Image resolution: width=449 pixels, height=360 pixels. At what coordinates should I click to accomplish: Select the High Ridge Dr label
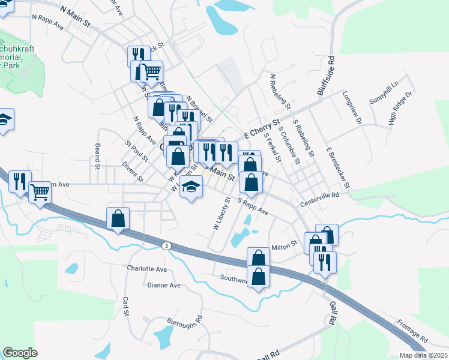point(402,108)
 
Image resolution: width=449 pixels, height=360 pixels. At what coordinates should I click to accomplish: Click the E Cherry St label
point(262,130)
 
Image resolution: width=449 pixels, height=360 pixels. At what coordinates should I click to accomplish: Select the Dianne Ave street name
point(163,286)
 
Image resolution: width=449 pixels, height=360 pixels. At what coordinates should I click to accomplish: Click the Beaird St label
point(97,155)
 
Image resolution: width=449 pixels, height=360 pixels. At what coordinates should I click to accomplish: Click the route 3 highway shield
point(166,245)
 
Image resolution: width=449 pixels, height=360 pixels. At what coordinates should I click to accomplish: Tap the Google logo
point(20,353)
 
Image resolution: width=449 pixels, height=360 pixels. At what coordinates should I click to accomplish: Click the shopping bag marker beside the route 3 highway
point(118,219)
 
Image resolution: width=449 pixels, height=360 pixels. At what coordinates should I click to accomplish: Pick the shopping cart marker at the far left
point(40,193)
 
